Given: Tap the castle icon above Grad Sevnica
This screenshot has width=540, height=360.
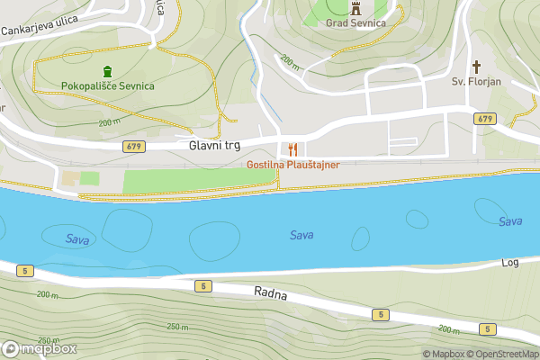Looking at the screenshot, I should (x=355, y=8).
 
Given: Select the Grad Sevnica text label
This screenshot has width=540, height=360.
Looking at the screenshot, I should (x=355, y=23).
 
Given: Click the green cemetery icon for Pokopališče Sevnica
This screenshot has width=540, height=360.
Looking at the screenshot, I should (x=107, y=71).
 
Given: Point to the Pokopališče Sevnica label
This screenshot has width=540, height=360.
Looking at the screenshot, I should (x=107, y=86).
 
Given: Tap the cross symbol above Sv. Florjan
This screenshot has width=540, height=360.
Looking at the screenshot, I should (x=476, y=66).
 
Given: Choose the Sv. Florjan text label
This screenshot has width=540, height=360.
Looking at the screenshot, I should (x=476, y=82).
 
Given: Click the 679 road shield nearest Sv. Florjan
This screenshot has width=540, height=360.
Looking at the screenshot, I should (x=485, y=119).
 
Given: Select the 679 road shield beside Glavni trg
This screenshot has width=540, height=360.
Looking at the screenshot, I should (x=134, y=145).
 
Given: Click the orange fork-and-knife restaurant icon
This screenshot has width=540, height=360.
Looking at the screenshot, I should (x=292, y=149).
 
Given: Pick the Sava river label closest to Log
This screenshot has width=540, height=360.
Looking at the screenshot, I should (x=510, y=221).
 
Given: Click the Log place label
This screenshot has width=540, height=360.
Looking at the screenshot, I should (x=510, y=263).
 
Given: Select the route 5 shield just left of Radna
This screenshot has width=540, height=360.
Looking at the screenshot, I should (x=204, y=286).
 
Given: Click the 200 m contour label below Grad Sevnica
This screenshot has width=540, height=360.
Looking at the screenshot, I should (x=290, y=62).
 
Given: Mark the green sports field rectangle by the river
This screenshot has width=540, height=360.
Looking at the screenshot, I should (x=198, y=181).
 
